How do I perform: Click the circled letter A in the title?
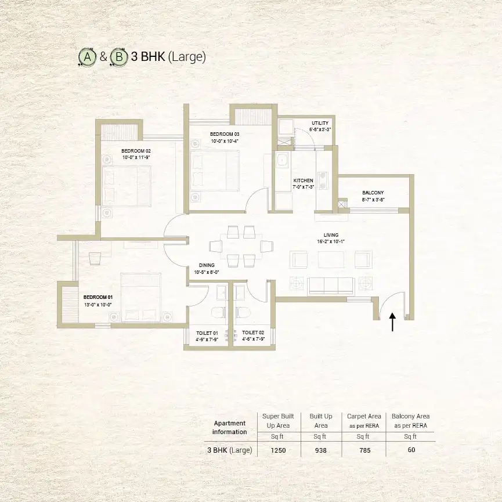[x=88, y=57]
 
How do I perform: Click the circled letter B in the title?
[x=119, y=57]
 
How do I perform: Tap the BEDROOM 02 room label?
[x=136, y=151]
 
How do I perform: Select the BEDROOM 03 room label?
[x=225, y=134]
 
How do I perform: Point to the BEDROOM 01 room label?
[x=98, y=297]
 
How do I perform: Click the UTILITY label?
[x=320, y=123]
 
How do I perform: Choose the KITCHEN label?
[x=303, y=180]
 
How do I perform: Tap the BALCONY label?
[x=373, y=193]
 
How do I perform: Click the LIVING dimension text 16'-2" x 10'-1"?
[x=331, y=242]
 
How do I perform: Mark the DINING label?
[x=207, y=265]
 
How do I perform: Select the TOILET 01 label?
[x=207, y=333]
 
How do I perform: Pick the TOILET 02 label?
[x=253, y=333]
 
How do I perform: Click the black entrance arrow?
[x=392, y=322]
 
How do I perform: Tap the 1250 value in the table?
[x=278, y=450]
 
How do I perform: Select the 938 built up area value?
[x=321, y=450]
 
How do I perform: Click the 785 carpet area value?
[x=365, y=450]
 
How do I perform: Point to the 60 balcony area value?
[x=411, y=450]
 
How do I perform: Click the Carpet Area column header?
[x=364, y=421]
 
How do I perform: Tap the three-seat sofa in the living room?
[x=331, y=287]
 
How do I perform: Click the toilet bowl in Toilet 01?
[x=219, y=312]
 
